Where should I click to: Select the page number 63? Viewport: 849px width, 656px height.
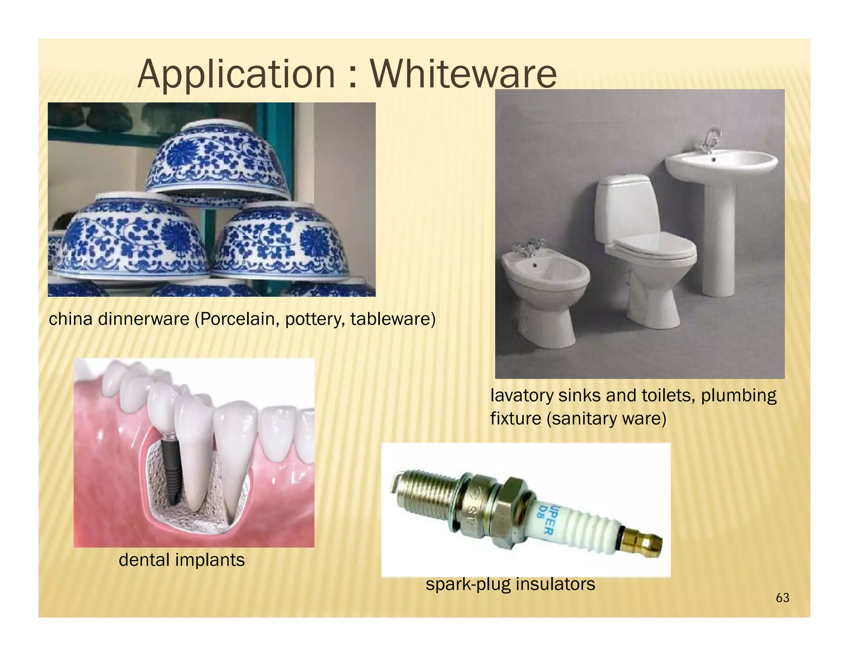(782, 598)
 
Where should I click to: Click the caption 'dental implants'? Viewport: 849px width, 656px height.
(182, 560)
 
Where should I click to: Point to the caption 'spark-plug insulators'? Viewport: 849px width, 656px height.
(510, 584)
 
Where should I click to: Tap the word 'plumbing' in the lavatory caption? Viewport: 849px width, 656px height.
(738, 395)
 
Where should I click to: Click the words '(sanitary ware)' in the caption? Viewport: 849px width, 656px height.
(606, 418)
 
